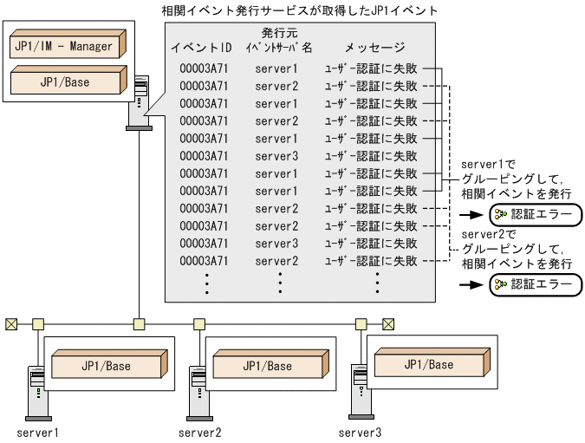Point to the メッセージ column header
[x=374, y=47]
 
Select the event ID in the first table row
[x=204, y=68]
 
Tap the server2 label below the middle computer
[x=200, y=432]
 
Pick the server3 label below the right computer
[x=360, y=432]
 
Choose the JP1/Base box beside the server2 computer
[x=265, y=366]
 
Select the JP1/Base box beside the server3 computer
[x=427, y=364]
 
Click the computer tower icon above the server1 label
[x=36, y=390]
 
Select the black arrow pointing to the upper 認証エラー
[x=471, y=214]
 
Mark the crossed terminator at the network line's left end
[x=11, y=324]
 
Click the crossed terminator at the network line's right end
[x=387, y=324]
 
